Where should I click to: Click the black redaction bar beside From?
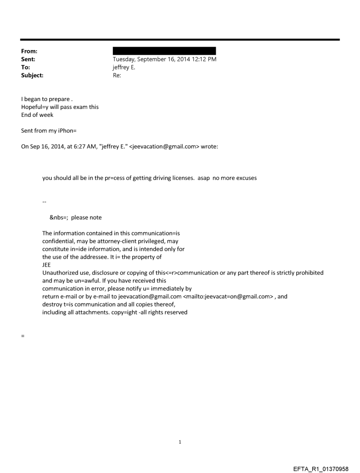[x=164, y=51]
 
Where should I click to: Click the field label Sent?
[x=29, y=59]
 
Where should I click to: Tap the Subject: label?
[x=32, y=75]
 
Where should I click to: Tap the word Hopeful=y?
[x=36, y=107]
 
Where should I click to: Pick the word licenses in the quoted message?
[x=173, y=179]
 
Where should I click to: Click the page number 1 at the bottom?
[x=180, y=442]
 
